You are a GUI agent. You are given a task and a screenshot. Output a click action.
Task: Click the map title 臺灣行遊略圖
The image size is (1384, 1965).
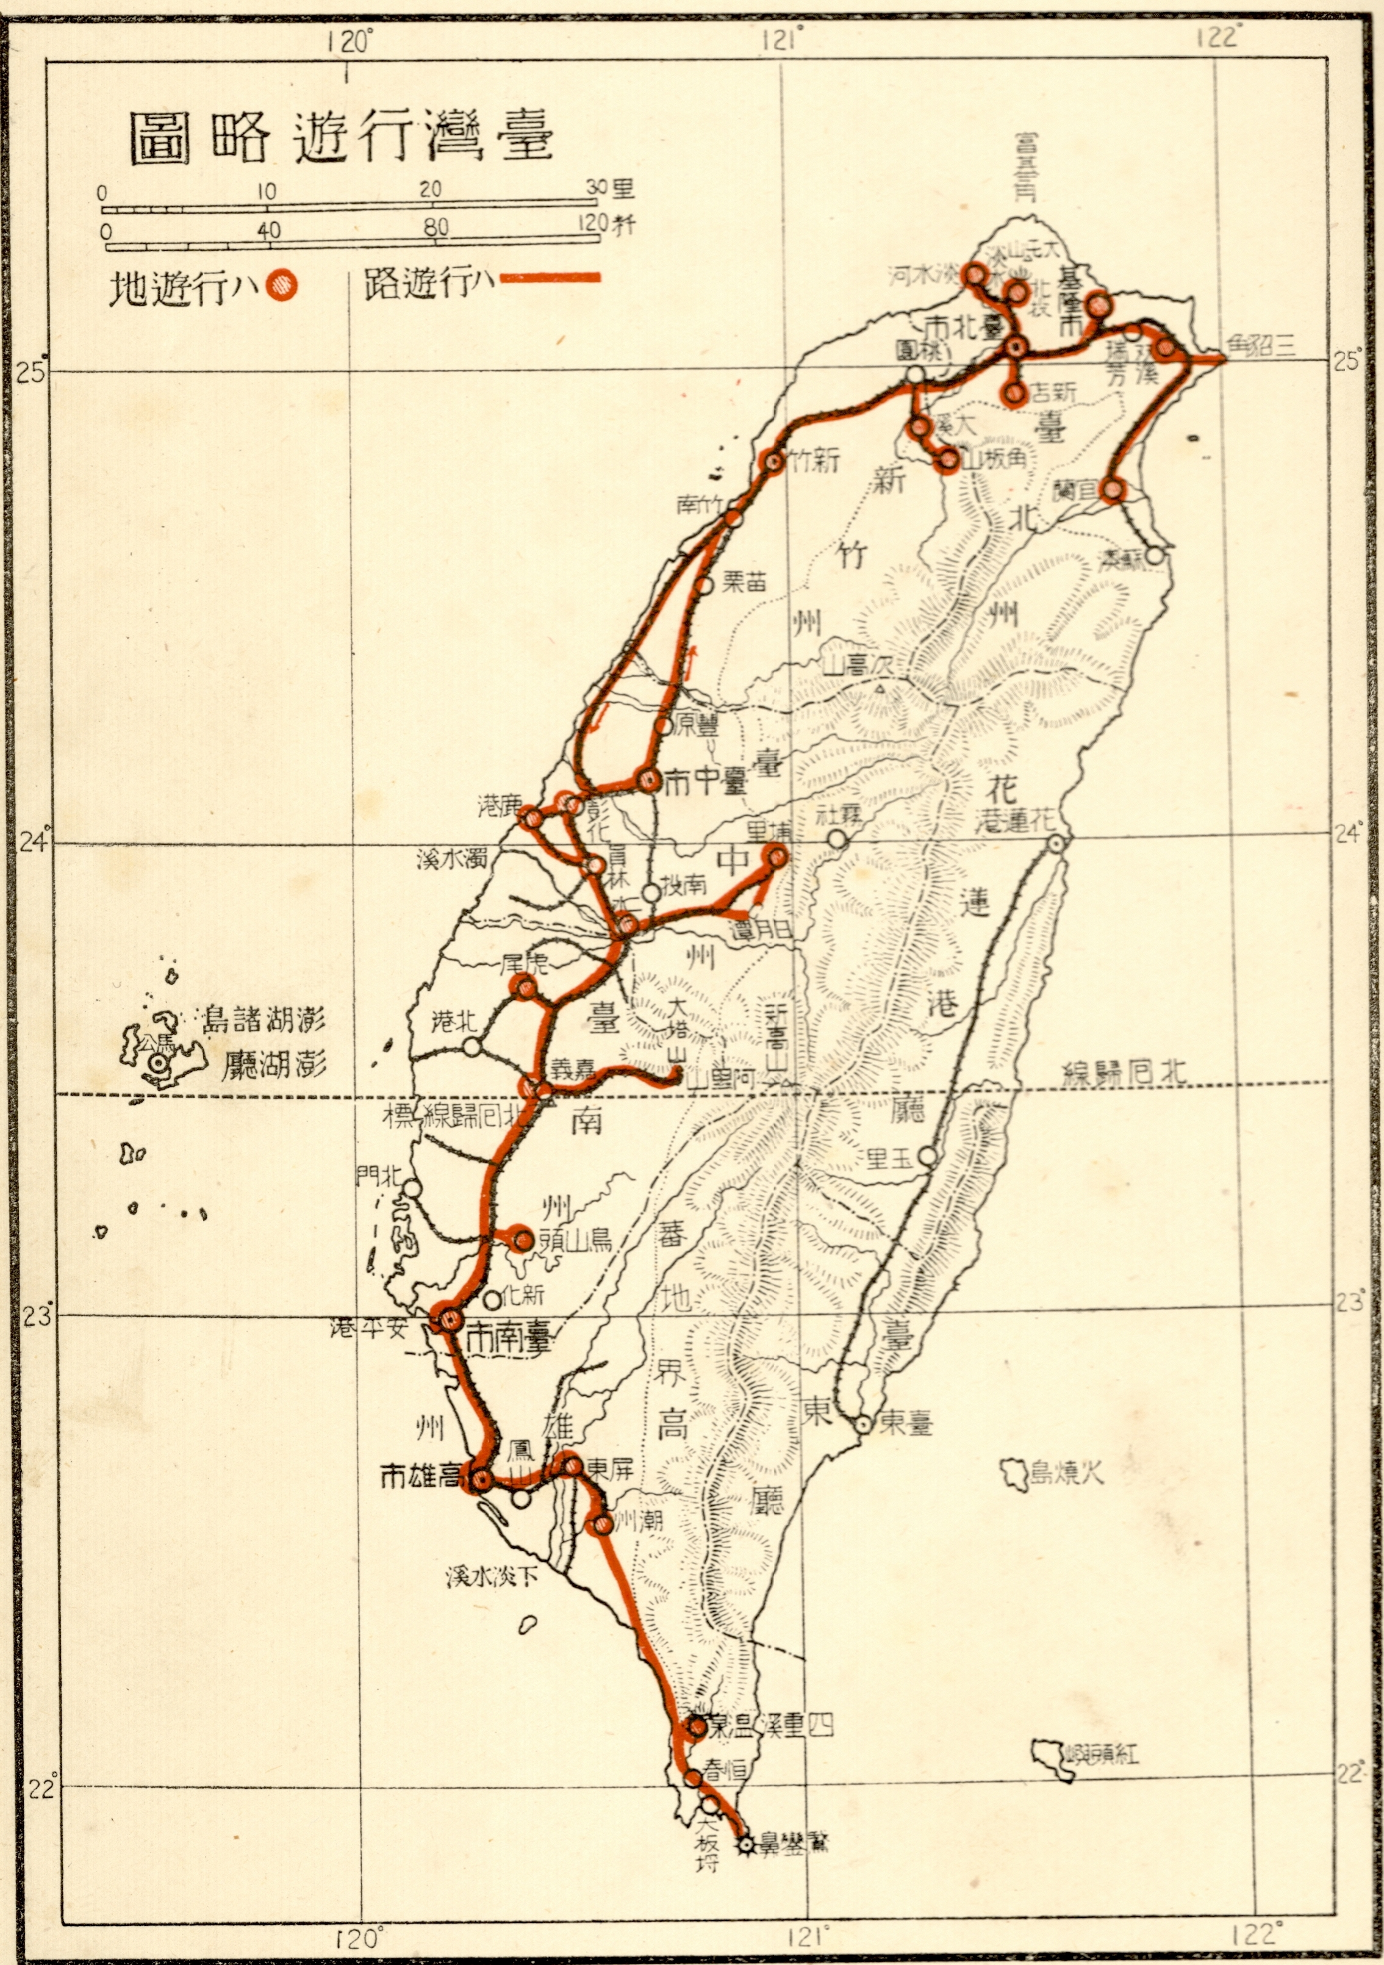340,138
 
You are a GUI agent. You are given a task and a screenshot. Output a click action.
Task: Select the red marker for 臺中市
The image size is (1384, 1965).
648,779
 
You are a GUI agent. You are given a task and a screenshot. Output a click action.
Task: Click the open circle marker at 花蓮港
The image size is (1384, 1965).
1058,843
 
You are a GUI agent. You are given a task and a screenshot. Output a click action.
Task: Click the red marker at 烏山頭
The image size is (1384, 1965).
522,1238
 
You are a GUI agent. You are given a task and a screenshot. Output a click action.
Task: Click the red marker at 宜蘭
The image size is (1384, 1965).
1112,489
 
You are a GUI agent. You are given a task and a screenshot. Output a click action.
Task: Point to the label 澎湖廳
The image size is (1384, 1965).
273,1066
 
